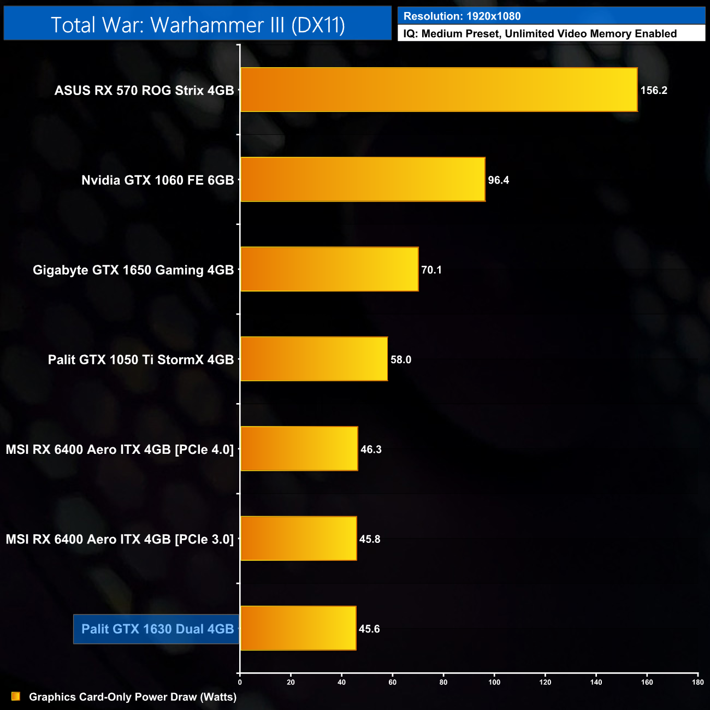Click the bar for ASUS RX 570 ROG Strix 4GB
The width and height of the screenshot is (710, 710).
(x=439, y=90)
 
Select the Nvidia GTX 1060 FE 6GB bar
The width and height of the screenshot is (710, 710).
(x=363, y=180)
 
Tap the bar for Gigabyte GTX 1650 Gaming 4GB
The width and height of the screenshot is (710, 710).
(x=329, y=269)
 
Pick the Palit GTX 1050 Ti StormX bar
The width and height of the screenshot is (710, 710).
(x=314, y=359)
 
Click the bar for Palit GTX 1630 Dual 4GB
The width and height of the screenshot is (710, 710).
(x=298, y=628)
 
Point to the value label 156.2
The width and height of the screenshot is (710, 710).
(x=654, y=91)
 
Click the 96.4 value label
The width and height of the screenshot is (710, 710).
(x=498, y=180)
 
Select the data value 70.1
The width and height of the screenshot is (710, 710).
(x=431, y=270)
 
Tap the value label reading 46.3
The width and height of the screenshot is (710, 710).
(x=371, y=449)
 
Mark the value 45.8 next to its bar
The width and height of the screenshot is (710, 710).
(x=370, y=539)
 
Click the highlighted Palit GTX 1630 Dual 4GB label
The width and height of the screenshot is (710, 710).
(x=157, y=629)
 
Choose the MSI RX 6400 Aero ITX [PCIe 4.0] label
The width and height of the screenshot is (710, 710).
(x=120, y=449)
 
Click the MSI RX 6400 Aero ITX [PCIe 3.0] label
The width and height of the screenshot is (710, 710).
(x=120, y=539)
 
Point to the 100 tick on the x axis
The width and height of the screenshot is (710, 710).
(x=494, y=682)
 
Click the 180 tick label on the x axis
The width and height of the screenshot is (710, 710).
(x=697, y=682)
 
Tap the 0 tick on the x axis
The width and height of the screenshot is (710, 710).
(x=240, y=682)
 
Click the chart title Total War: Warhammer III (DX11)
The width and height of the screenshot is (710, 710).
(x=198, y=25)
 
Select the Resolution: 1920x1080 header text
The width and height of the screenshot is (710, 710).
(x=462, y=16)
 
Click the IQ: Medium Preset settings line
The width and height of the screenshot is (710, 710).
(x=540, y=34)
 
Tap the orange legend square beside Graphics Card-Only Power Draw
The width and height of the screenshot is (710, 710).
(x=16, y=696)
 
